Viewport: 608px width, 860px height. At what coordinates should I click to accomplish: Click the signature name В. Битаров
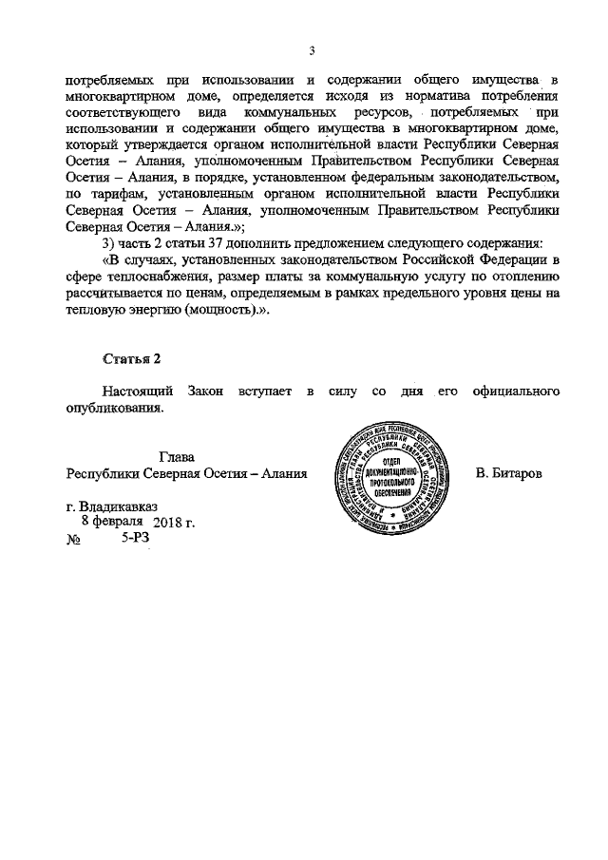[x=508, y=472]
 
